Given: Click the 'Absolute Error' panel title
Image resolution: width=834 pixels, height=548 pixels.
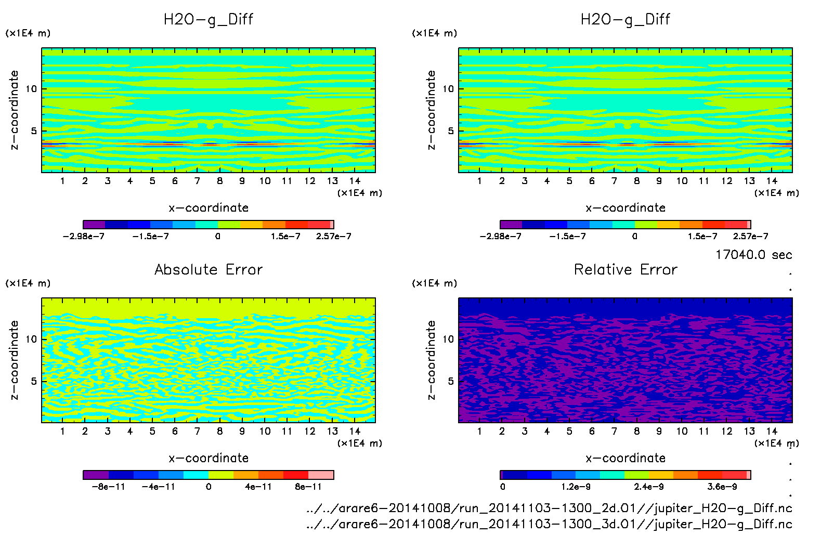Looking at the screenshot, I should [x=208, y=269].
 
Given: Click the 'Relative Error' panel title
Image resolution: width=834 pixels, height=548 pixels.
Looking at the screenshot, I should [x=625, y=269].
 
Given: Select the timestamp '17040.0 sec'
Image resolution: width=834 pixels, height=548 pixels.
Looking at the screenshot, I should [x=753, y=255].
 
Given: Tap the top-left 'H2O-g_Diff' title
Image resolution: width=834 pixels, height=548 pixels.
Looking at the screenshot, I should [x=208, y=20].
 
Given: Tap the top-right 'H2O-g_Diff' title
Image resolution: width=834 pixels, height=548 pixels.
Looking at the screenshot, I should [x=625, y=20].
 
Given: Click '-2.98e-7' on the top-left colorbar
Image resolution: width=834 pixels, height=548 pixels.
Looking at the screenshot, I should [x=83, y=236].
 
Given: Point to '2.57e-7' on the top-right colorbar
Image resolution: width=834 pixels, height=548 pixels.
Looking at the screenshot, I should [x=750, y=236].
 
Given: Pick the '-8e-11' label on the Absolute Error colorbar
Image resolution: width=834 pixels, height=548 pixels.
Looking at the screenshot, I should [x=108, y=487].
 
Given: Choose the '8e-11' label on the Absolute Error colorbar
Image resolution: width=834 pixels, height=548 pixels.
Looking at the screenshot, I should [x=308, y=487].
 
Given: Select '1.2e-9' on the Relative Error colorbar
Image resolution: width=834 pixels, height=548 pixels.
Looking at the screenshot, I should [x=576, y=487].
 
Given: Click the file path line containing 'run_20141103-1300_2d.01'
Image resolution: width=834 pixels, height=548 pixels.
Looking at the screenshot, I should [x=549, y=508].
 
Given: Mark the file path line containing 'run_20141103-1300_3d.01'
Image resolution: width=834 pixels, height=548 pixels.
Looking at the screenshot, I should [x=549, y=524].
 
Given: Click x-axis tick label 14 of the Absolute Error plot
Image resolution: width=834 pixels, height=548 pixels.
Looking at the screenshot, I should [x=355, y=431].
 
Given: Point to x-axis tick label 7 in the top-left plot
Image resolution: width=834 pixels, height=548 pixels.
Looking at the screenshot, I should [x=197, y=181].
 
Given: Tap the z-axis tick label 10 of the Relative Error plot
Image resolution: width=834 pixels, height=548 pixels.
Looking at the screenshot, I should [x=448, y=339].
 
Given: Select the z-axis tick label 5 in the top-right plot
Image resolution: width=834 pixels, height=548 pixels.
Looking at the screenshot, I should [x=451, y=131].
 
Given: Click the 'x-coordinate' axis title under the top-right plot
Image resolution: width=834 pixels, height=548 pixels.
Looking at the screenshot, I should [x=625, y=208].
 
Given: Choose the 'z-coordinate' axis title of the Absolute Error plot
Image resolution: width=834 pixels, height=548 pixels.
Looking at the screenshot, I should [x=15, y=360].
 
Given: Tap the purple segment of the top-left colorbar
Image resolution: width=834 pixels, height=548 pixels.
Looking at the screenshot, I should [x=94, y=225].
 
